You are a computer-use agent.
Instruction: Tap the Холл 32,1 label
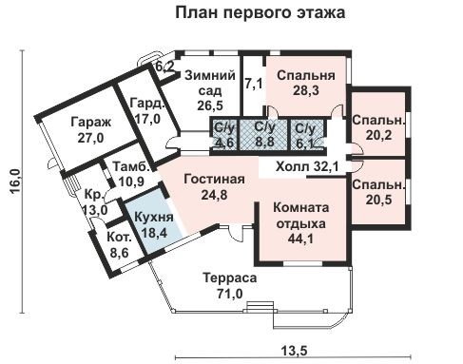tap(308, 167)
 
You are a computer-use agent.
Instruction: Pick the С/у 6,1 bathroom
tap(305, 135)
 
